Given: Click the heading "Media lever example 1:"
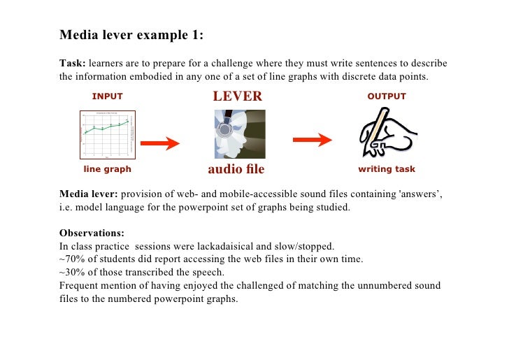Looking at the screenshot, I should click(131, 34).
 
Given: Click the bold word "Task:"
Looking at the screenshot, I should click(73, 64).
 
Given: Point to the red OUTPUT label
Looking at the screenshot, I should click(386, 96).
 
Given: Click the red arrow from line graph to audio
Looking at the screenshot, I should click(160, 143).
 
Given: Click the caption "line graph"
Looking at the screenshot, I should click(107, 169).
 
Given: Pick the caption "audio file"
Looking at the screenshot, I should click(236, 169).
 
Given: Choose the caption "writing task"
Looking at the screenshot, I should click(386, 169).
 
